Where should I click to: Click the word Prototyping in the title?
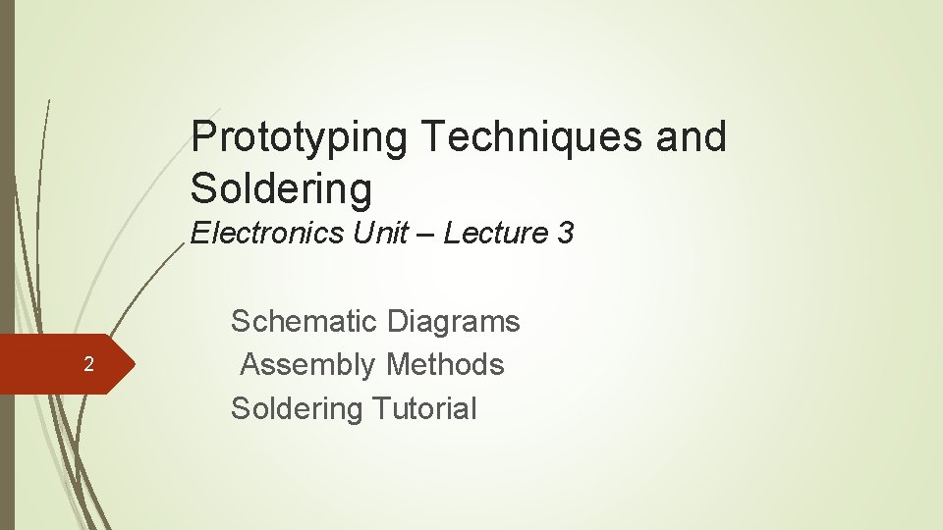299,138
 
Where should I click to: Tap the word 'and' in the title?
688,136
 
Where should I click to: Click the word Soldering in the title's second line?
282,187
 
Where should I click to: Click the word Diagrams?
454,321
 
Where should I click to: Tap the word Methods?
445,364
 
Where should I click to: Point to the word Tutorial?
423,407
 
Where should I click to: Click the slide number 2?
88,365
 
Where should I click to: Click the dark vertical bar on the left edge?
7,265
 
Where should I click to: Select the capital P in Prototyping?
203,136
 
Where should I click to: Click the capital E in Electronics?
198,233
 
